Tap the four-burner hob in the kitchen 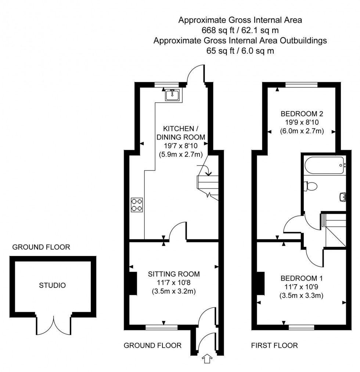[x=137, y=205]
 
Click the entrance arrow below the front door [x=207, y=358]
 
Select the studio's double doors [x=54, y=325]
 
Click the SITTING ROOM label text [x=174, y=274]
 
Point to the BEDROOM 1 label [x=301, y=278]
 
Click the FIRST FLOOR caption [x=274, y=346]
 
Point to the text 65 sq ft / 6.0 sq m [x=240, y=51]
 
